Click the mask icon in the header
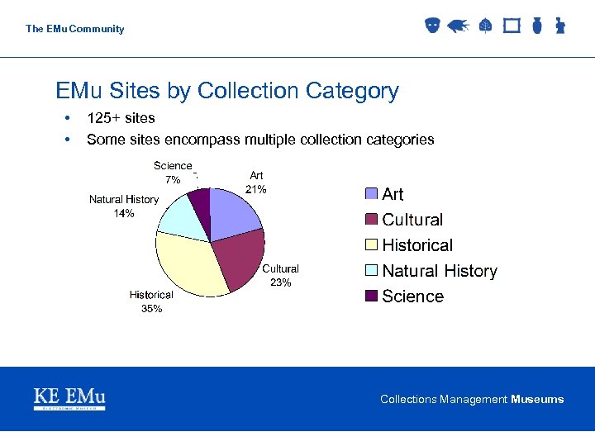(431, 26)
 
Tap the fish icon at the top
(457, 26)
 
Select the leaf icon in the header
(485, 26)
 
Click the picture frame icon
(512, 26)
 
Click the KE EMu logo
(69, 398)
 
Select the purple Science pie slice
(200, 201)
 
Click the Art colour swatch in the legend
(372, 194)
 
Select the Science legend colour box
(372, 296)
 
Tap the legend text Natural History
(440, 271)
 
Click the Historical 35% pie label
(151, 301)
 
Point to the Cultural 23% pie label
(281, 275)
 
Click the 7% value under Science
(173, 179)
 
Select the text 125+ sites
(121, 118)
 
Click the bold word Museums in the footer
(537, 399)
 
